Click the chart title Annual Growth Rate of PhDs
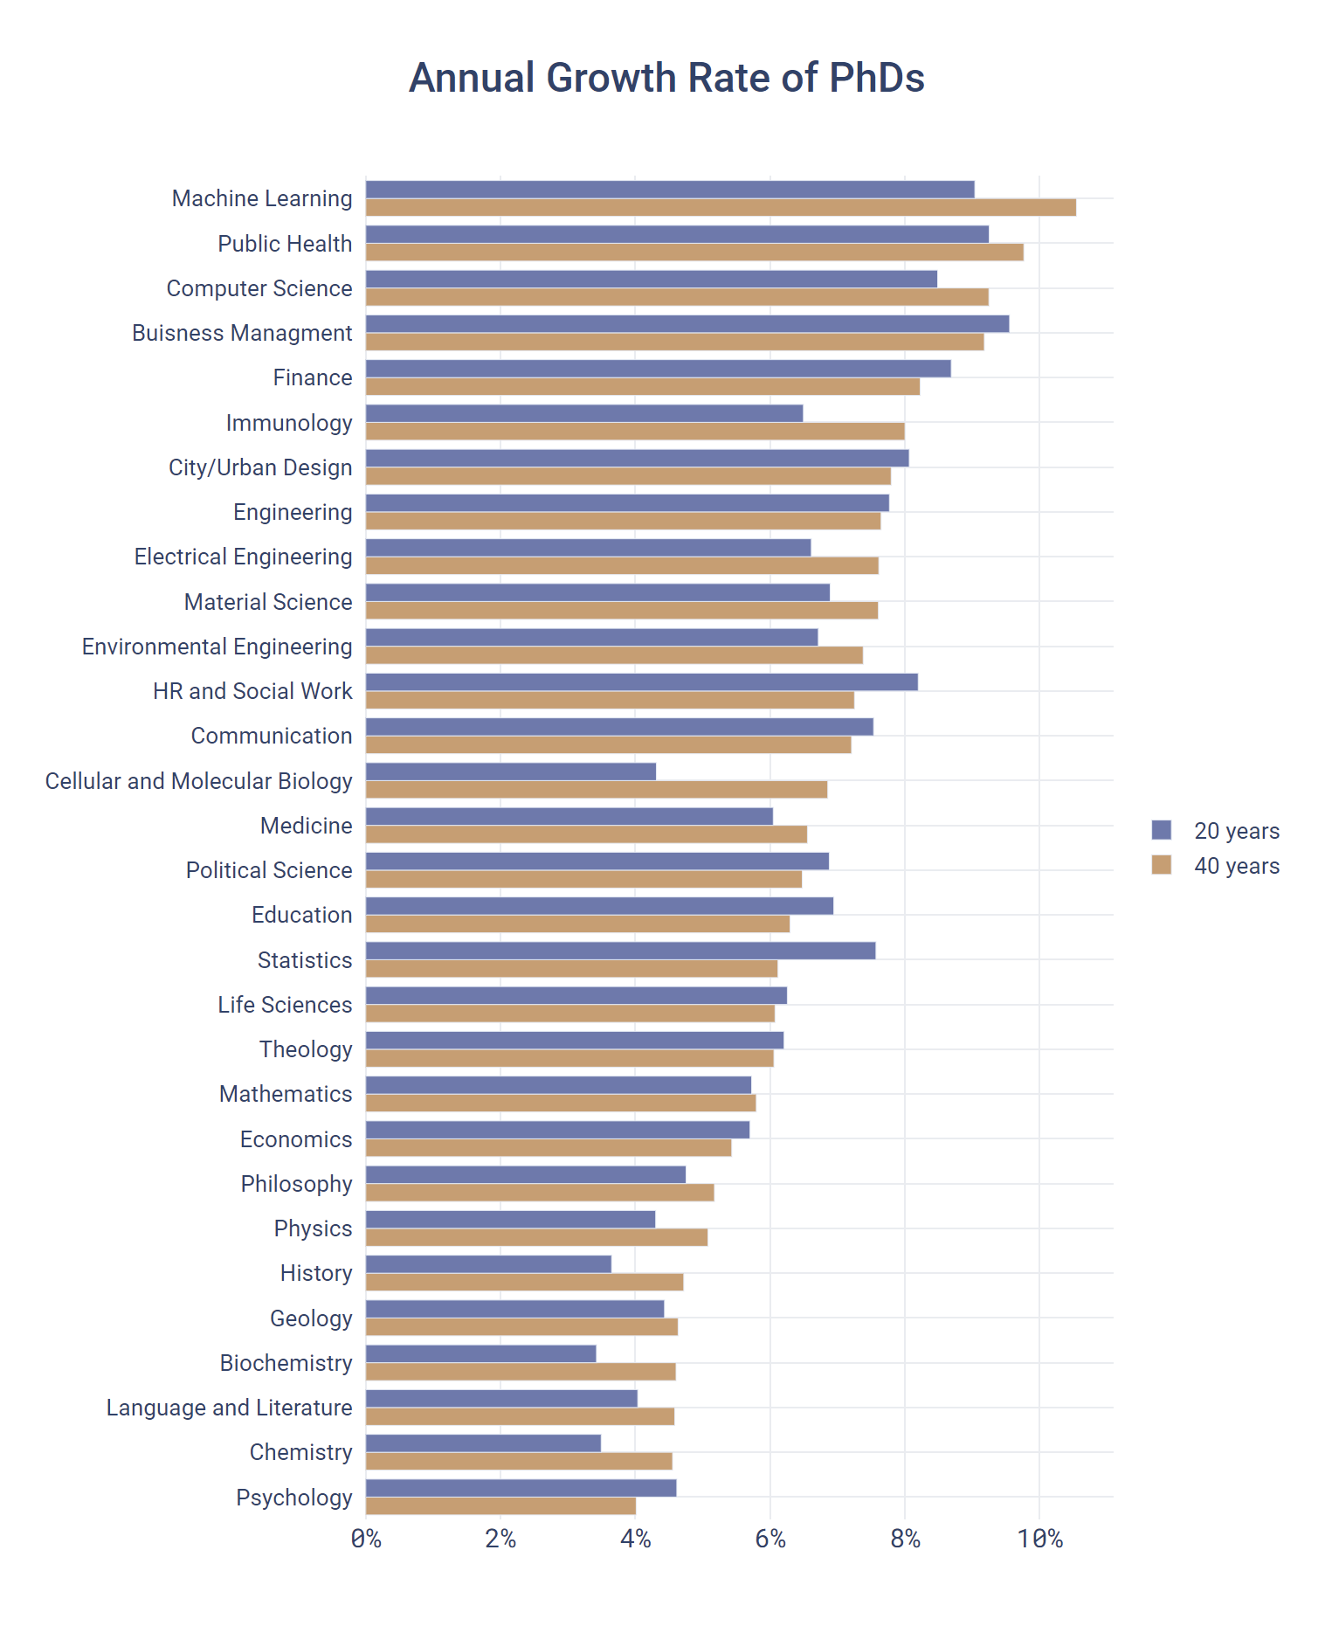pyautogui.click(x=666, y=78)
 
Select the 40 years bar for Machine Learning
pyautogui.click(x=721, y=208)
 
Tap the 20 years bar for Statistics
pyautogui.click(x=620, y=951)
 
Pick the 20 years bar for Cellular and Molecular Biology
pyautogui.click(x=511, y=772)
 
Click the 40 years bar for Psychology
pyautogui.click(x=500, y=1506)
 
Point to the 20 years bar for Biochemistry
pyautogui.click(x=480, y=1353)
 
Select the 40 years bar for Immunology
pyautogui.click(x=635, y=432)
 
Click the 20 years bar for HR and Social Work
pyautogui.click(x=641, y=682)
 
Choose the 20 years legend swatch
pyautogui.click(x=1161, y=830)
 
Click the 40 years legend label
pyautogui.click(x=1236, y=866)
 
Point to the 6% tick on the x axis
pyautogui.click(x=770, y=1539)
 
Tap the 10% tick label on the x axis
pyautogui.click(x=1039, y=1539)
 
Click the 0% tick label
pyautogui.click(x=366, y=1539)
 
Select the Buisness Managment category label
pyautogui.click(x=242, y=333)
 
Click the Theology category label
pyautogui.click(x=306, y=1049)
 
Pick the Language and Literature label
pyautogui.click(x=229, y=1408)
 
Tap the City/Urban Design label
pyautogui.click(x=260, y=467)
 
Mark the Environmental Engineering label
pyautogui.click(x=217, y=647)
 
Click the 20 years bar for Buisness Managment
pyautogui.click(x=687, y=324)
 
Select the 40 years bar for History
pyautogui.click(x=524, y=1283)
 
